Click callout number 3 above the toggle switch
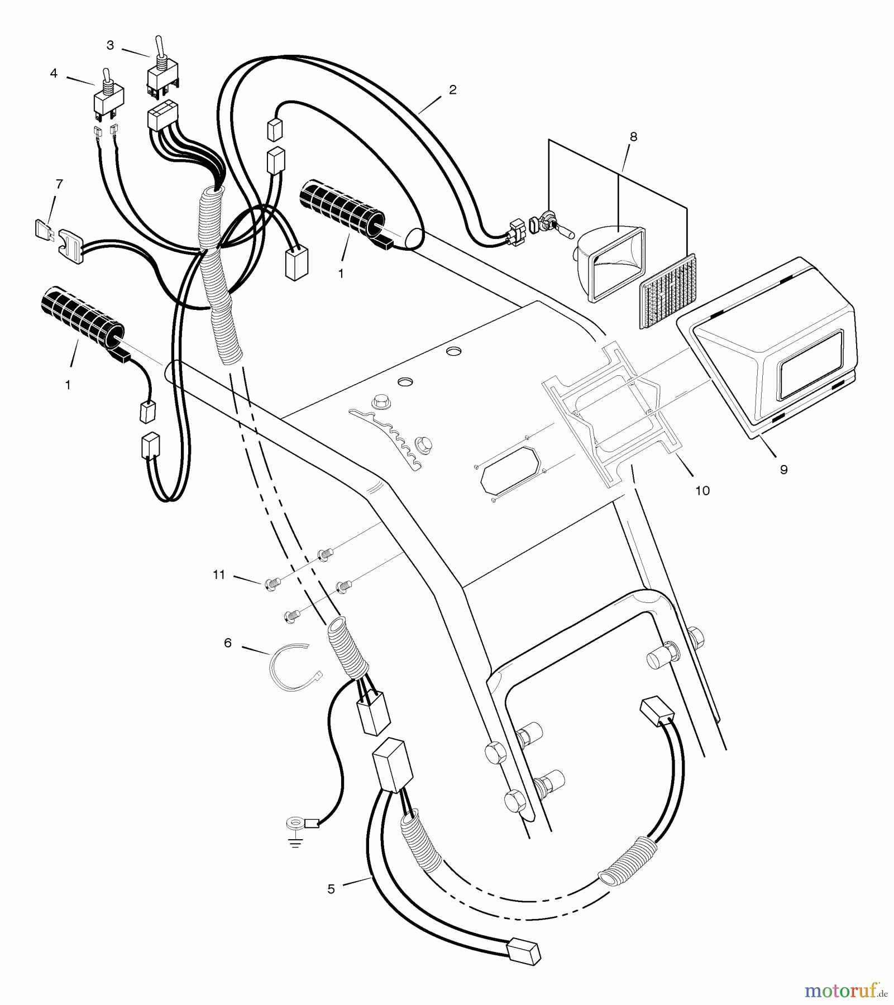click(x=110, y=45)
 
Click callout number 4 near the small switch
click(x=54, y=73)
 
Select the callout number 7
click(x=59, y=183)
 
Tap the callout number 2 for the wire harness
click(x=452, y=89)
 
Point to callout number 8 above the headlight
click(x=633, y=136)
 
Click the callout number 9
click(x=783, y=470)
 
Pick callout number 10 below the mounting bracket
click(x=702, y=490)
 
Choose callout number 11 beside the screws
click(x=219, y=574)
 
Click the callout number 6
click(x=227, y=643)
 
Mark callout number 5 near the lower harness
click(x=331, y=889)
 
